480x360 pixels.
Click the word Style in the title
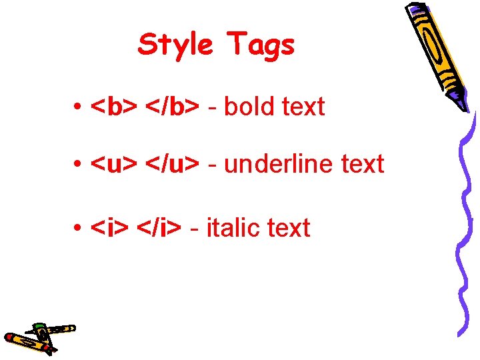[175, 45]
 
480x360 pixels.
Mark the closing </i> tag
[158, 228]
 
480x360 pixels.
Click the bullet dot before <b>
[79, 107]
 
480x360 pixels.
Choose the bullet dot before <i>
[79, 229]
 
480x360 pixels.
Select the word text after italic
[288, 228]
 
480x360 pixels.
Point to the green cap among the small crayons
[39, 326]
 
